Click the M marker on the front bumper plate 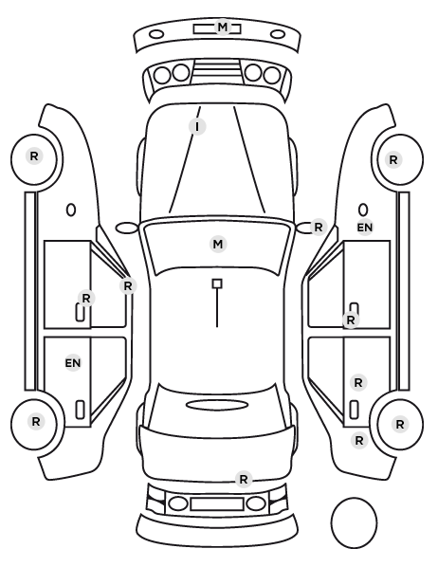point(223,27)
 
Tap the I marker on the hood point(197,127)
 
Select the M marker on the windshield point(218,245)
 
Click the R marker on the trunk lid point(244,480)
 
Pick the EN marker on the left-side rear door point(73,363)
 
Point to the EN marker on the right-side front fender point(365,228)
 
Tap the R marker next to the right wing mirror point(319,228)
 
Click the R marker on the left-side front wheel point(34,156)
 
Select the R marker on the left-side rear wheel point(35,422)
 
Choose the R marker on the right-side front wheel point(393,159)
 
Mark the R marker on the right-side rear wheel point(400,425)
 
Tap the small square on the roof point(217,283)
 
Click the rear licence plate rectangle point(217,503)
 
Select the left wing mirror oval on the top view point(126,229)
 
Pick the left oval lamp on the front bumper point(156,35)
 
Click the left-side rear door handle point(80,410)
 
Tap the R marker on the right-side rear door point(358,382)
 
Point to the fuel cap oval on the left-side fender point(71,210)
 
